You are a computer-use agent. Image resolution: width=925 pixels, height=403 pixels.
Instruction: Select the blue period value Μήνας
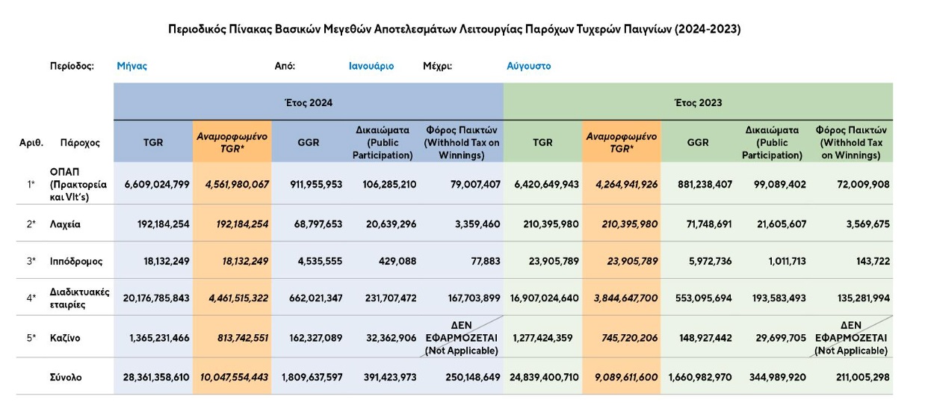coord(132,66)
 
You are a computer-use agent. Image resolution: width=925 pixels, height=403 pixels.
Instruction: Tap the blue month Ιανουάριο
coord(371,66)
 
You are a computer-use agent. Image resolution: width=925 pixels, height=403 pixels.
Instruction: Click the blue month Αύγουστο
coord(528,66)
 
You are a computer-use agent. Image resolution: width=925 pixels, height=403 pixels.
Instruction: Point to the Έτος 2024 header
coord(309,102)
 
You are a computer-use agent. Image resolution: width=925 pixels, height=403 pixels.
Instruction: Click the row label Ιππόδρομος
coord(78,262)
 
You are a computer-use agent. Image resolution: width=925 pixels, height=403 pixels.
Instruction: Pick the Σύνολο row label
coord(67,378)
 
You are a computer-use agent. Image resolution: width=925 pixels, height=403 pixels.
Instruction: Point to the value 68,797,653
coord(312,224)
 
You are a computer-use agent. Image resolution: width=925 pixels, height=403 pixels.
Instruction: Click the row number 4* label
coord(31,298)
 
